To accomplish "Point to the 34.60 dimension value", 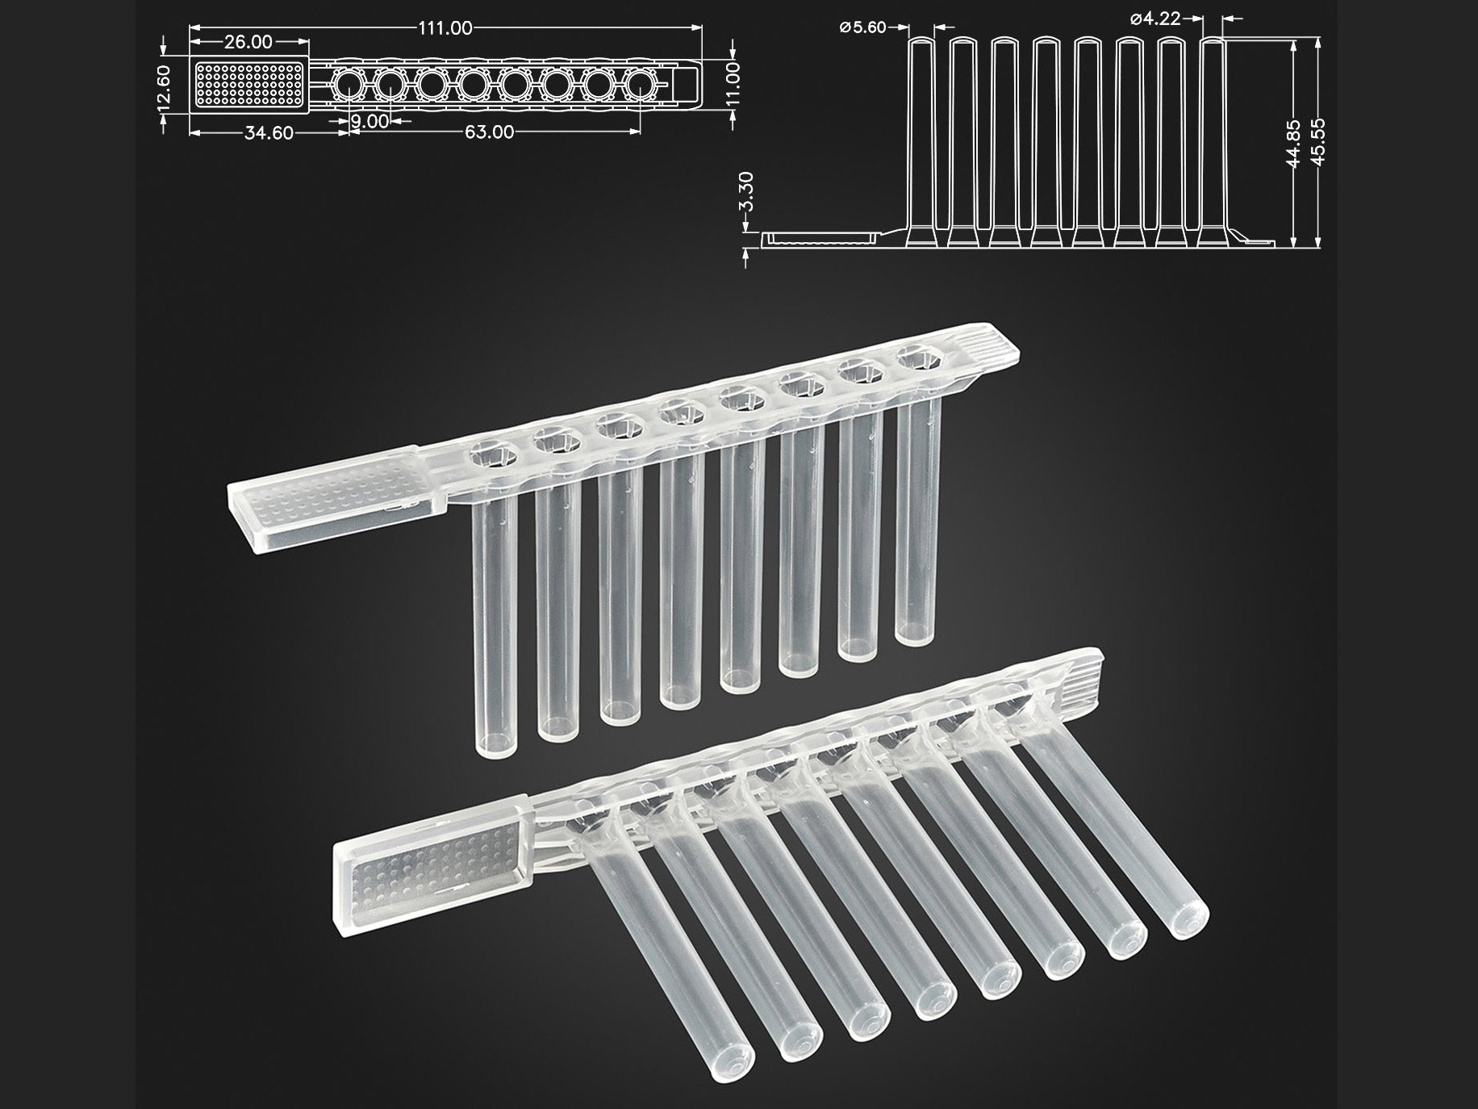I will point(269,133).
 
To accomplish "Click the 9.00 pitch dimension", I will point(370,121).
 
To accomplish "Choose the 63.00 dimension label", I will point(489,132).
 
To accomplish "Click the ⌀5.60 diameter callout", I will point(862,27).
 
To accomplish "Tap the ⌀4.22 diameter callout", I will point(1155,18).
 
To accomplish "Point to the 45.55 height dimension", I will point(1318,143).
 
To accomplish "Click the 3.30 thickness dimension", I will point(747,191).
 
